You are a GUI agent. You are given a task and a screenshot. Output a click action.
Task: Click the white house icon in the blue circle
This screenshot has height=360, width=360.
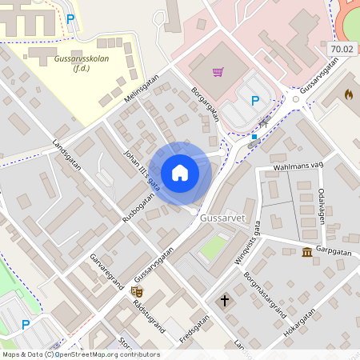click(180, 173)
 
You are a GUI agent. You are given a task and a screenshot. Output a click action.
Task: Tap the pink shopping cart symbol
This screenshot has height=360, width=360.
click(218, 73)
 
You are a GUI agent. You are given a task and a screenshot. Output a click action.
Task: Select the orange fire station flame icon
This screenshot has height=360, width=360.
click(348, 94)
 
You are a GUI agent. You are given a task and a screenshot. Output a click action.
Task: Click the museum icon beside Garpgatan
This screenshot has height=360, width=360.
click(307, 254)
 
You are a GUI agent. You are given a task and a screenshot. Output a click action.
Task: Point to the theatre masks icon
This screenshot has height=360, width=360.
click(136, 292)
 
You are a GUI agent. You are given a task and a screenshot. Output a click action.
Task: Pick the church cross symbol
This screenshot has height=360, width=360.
click(225, 301)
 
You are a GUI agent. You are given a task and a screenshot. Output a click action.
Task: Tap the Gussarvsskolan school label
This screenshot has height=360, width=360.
click(81, 64)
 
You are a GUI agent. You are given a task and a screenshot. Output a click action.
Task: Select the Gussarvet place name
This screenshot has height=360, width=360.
click(222, 218)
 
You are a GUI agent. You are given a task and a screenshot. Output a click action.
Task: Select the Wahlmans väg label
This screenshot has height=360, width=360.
click(298, 166)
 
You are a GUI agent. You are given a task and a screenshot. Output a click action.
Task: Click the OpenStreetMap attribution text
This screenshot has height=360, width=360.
click(80, 354)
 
